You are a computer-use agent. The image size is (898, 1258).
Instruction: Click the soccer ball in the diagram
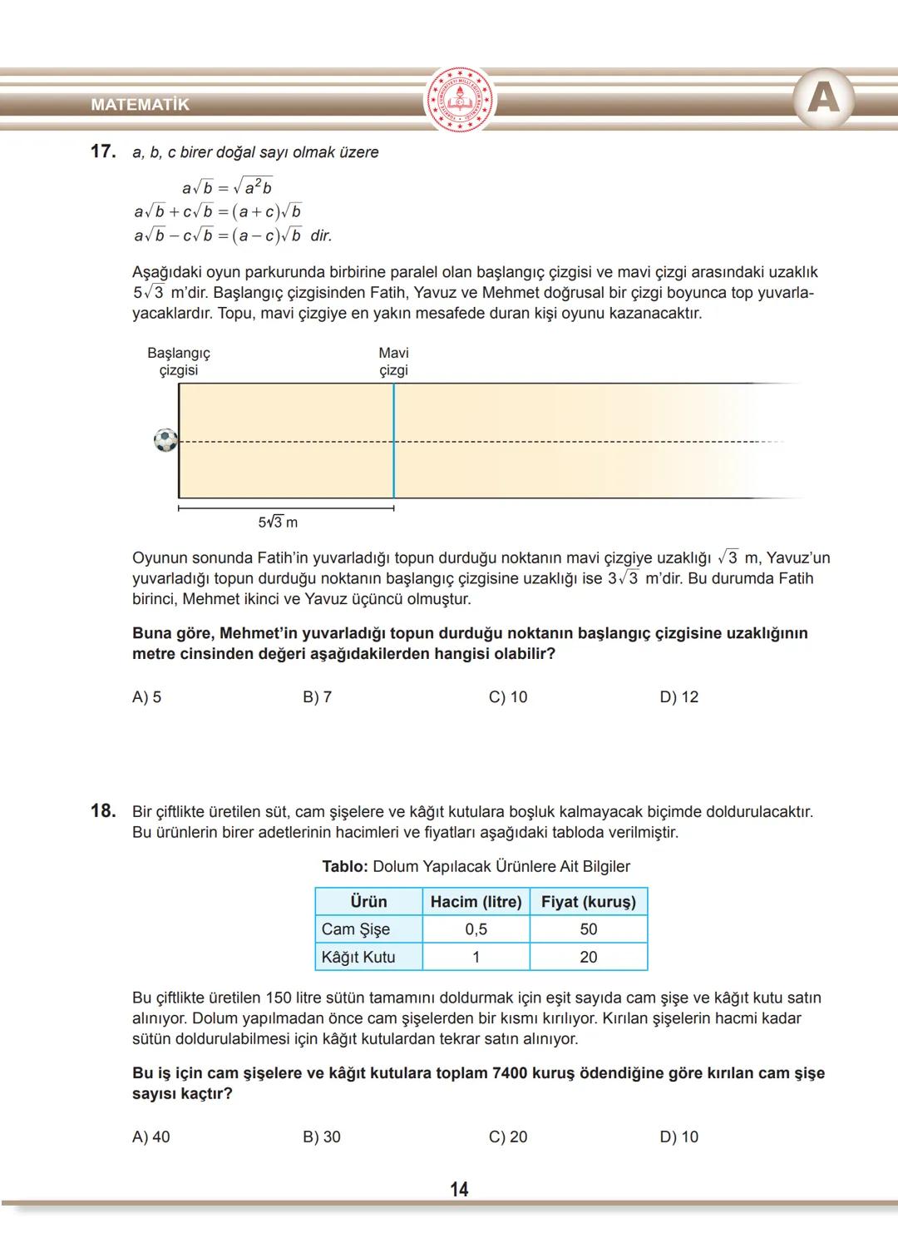tap(166, 440)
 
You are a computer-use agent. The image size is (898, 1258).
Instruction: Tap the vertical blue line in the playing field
tap(393, 441)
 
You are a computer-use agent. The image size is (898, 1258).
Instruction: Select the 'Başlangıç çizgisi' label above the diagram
tap(179, 362)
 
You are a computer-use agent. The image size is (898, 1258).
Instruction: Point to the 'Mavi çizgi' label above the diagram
tap(393, 362)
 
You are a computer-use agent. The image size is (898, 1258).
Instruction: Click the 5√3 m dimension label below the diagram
tap(278, 523)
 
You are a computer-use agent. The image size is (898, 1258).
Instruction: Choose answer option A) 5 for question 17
tap(147, 697)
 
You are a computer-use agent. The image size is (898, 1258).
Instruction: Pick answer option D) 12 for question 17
tap(679, 697)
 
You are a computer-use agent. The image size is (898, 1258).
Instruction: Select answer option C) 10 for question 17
tap(508, 697)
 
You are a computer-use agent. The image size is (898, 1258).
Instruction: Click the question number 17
tap(102, 152)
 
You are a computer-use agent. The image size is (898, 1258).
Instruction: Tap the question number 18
tap(102, 811)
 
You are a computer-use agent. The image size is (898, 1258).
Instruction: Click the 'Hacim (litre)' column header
tap(476, 902)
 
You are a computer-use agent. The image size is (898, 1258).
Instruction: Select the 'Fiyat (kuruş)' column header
tap(589, 902)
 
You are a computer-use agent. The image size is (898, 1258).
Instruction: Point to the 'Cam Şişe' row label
tap(356, 929)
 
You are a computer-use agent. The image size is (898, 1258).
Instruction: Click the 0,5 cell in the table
tap(476, 929)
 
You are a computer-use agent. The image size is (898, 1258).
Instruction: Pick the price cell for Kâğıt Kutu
tap(589, 958)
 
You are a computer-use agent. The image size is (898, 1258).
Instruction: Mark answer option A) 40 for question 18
tap(150, 1137)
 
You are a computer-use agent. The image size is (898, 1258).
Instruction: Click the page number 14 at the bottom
tap(459, 1190)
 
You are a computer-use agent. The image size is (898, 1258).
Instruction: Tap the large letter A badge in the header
tap(823, 99)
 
